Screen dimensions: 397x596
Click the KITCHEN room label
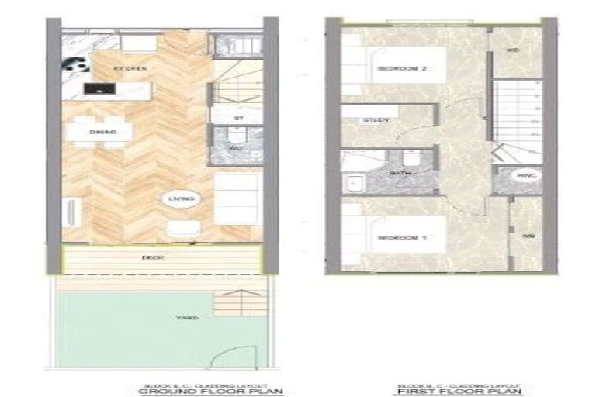click(130, 69)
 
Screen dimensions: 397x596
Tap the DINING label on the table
click(103, 133)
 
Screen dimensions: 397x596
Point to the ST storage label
click(237, 118)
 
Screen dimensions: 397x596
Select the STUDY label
click(376, 120)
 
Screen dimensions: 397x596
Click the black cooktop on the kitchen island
click(97, 88)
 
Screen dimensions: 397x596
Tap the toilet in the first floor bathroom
click(414, 158)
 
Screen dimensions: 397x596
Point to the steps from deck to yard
click(236, 302)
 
